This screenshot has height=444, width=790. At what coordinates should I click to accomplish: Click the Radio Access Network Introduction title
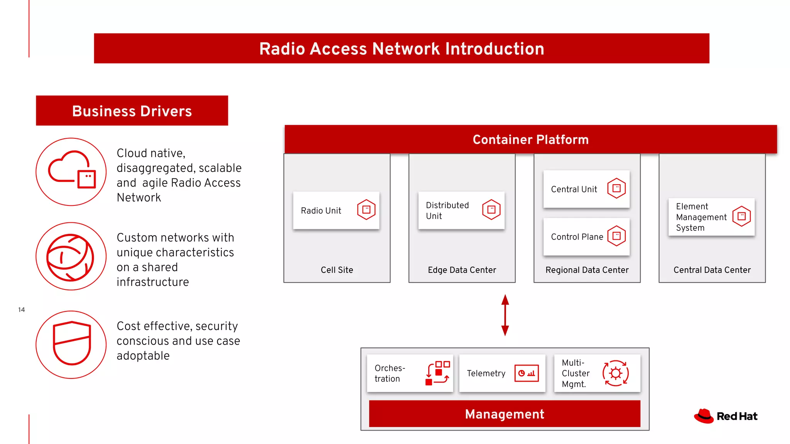click(x=402, y=49)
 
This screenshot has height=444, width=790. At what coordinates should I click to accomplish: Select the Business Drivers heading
click(x=132, y=111)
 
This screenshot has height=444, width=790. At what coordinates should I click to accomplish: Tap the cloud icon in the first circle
click(x=71, y=170)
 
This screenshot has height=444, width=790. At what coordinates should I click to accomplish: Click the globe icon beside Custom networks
click(x=70, y=257)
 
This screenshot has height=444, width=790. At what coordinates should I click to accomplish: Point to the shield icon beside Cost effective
click(x=72, y=343)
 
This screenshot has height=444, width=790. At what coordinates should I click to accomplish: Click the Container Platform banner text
click(x=530, y=140)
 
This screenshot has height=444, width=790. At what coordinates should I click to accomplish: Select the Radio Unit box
click(x=336, y=210)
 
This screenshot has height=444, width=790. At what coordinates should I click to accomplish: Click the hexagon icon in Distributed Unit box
click(x=491, y=210)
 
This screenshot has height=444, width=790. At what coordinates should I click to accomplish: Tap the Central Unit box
click(x=586, y=189)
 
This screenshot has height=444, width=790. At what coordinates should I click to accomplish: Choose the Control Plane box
click(x=586, y=237)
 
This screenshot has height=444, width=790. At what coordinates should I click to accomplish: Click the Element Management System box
click(x=711, y=217)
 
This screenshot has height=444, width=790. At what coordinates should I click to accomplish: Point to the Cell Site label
click(x=337, y=270)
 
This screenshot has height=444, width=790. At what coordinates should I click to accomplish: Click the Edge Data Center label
click(x=462, y=270)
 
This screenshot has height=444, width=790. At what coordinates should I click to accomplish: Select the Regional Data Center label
click(x=587, y=270)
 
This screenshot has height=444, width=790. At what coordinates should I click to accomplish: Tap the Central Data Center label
click(x=712, y=270)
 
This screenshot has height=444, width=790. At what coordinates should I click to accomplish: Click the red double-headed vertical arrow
click(x=505, y=315)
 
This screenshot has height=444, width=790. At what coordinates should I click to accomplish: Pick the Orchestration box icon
click(x=437, y=373)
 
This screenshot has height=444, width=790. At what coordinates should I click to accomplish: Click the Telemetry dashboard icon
click(x=526, y=373)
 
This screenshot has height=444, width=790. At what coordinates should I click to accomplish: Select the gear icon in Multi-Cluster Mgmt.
click(x=615, y=373)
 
